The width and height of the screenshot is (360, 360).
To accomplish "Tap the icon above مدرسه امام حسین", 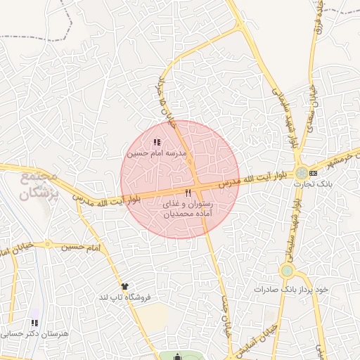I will [156, 143].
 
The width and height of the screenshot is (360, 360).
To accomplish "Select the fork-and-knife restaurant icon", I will [187, 192].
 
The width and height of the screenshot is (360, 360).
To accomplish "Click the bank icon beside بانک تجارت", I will [313, 172].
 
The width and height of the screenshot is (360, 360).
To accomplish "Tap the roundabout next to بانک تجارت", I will [301, 173].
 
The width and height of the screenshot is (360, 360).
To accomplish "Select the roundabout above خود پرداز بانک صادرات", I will [286, 271].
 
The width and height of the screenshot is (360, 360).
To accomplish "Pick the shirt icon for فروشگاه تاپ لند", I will [124, 286].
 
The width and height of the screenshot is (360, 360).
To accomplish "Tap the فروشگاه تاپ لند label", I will [125, 297].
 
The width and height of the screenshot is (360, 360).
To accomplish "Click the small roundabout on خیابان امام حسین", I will [15, 251].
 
